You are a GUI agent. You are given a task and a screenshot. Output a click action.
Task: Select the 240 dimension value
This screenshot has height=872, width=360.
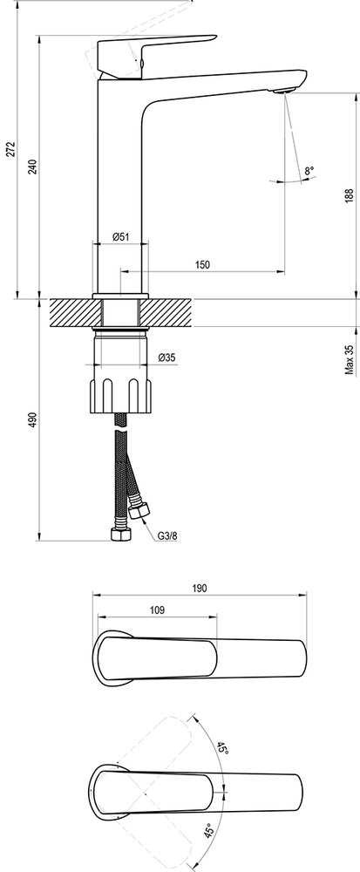33,167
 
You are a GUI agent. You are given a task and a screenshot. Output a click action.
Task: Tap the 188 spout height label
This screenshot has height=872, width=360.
349,195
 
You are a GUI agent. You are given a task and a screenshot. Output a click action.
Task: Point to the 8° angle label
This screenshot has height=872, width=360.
309,170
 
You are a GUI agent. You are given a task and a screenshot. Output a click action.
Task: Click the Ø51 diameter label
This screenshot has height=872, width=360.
121,236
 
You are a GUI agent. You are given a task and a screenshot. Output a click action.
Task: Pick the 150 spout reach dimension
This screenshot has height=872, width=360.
203,265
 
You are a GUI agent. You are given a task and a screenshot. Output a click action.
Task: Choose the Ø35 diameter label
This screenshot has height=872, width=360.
166,358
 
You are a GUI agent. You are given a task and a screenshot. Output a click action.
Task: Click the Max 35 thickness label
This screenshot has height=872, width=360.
349,359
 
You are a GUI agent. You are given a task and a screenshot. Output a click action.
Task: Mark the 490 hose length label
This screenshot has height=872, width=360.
33,420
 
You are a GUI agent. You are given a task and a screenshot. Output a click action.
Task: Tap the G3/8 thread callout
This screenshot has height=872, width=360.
167,536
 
